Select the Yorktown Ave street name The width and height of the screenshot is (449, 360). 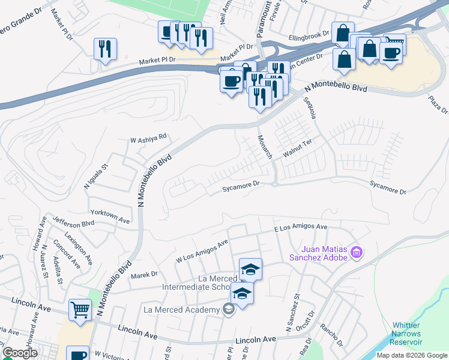[110, 213]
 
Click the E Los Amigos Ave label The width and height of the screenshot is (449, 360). [300, 228]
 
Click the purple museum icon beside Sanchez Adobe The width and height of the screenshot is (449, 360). [357, 252]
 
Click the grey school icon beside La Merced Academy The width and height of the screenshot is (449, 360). [228, 310]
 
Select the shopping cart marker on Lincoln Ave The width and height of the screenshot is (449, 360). [79, 310]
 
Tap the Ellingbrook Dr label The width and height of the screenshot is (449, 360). [309, 35]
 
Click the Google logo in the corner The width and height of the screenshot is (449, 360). [20, 353]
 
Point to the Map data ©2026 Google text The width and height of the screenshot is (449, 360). [412, 355]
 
